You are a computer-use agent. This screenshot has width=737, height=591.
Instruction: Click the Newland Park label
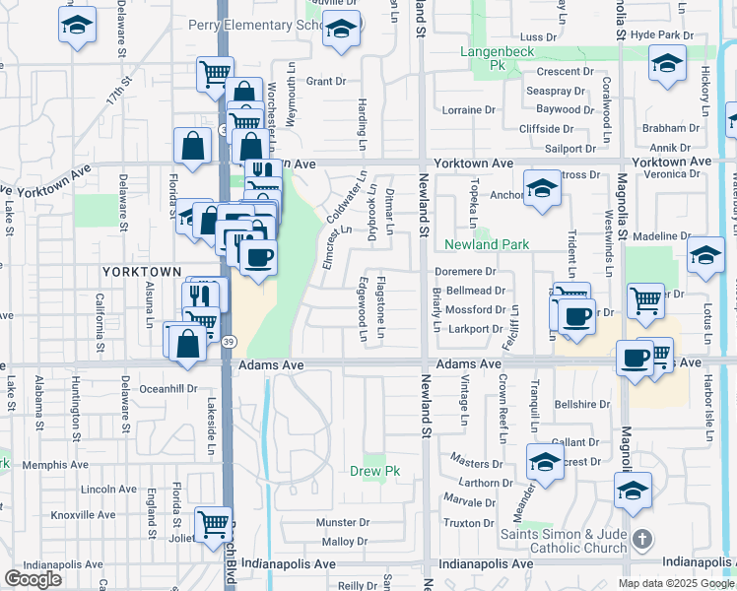click(x=487, y=244)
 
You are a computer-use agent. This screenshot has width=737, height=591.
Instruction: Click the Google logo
click(x=33, y=579)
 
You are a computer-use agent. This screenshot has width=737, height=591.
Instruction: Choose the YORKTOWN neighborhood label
click(x=141, y=271)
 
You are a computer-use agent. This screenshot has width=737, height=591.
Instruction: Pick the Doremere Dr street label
click(x=467, y=271)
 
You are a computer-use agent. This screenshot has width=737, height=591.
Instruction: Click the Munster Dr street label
click(x=341, y=522)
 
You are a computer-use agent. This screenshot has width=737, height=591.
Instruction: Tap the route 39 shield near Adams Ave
click(x=228, y=341)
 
